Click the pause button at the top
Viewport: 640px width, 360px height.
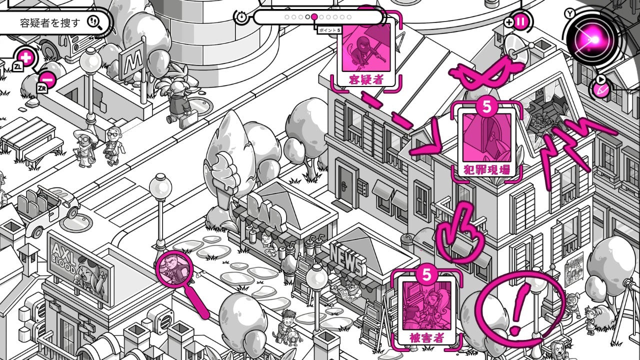tap(520, 22)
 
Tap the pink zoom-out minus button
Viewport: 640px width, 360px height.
tap(47, 78)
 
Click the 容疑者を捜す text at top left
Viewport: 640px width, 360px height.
tap(50, 22)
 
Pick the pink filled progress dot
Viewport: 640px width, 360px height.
tap(314, 17)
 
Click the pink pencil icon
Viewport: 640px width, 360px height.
tap(601, 90)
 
